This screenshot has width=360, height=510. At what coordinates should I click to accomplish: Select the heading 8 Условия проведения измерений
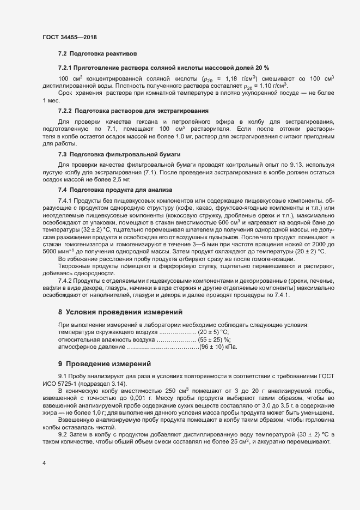(x=120, y=312)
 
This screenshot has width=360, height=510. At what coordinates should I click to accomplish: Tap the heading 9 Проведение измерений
(x=103, y=363)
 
